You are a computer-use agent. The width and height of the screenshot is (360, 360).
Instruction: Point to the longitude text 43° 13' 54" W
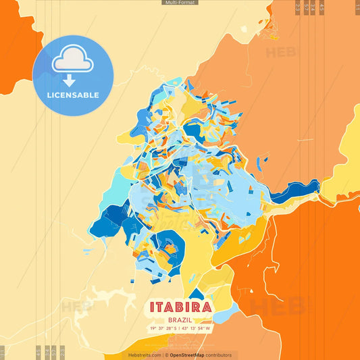point(195,328)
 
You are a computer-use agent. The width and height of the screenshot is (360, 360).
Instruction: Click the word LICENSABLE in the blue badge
point(72,95)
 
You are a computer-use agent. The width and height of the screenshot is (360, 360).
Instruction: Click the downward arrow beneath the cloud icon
point(69,80)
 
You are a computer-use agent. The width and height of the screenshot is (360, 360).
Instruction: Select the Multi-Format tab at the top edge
point(180,3)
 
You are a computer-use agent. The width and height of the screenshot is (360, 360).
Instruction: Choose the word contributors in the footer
point(219,355)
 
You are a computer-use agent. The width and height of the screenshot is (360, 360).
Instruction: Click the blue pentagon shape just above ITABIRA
point(197,294)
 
